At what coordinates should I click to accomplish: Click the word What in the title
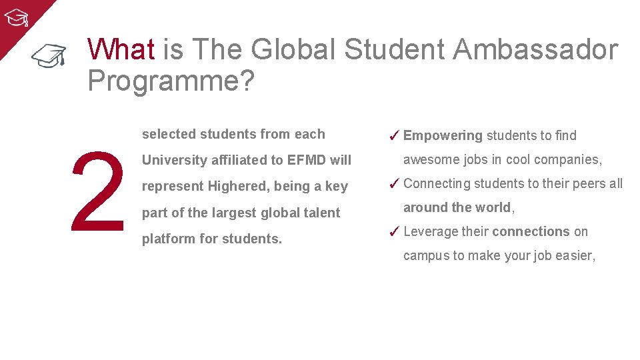(x=121, y=49)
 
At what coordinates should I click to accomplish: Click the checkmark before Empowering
(x=393, y=136)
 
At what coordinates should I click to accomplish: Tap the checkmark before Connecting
(x=393, y=184)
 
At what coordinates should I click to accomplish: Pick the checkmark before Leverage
(x=393, y=232)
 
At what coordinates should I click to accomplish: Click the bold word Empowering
(x=443, y=136)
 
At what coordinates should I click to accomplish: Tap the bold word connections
(x=531, y=231)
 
